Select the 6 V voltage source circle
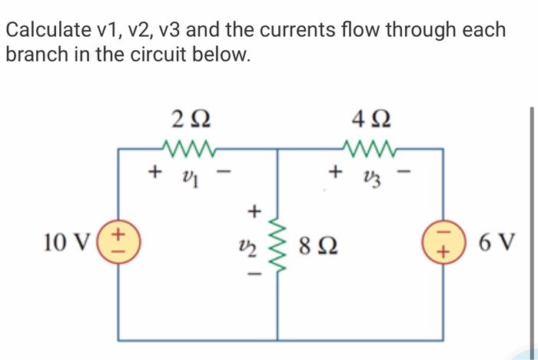pyautogui.click(x=443, y=242)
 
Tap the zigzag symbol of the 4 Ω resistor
pyautogui.click(x=369, y=147)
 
